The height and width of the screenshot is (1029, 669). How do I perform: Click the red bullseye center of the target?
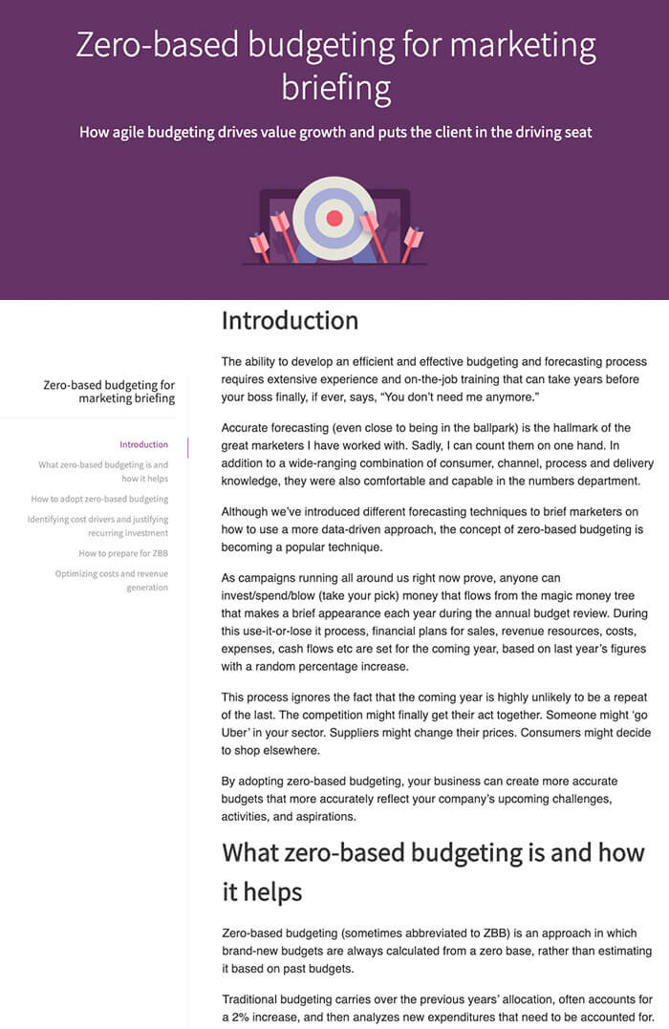[x=334, y=218]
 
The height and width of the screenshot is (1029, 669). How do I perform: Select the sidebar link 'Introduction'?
[x=143, y=444]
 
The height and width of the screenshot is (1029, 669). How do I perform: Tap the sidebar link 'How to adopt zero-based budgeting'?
[x=99, y=499]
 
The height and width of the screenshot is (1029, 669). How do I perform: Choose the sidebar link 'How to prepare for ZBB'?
[x=123, y=553]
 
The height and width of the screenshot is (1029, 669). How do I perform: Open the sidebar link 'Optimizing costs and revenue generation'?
[x=112, y=580]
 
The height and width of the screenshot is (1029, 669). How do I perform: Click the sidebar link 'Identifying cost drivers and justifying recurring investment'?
[x=98, y=525]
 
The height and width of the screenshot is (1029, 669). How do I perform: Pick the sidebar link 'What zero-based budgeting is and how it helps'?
[x=103, y=471]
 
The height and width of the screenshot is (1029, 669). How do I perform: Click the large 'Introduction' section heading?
[x=290, y=321]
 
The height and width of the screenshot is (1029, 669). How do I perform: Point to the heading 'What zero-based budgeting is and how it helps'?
[x=433, y=871]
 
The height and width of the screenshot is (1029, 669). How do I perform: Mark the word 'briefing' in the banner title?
[x=335, y=89]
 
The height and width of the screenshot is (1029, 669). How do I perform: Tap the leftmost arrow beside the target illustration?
[x=259, y=246]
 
